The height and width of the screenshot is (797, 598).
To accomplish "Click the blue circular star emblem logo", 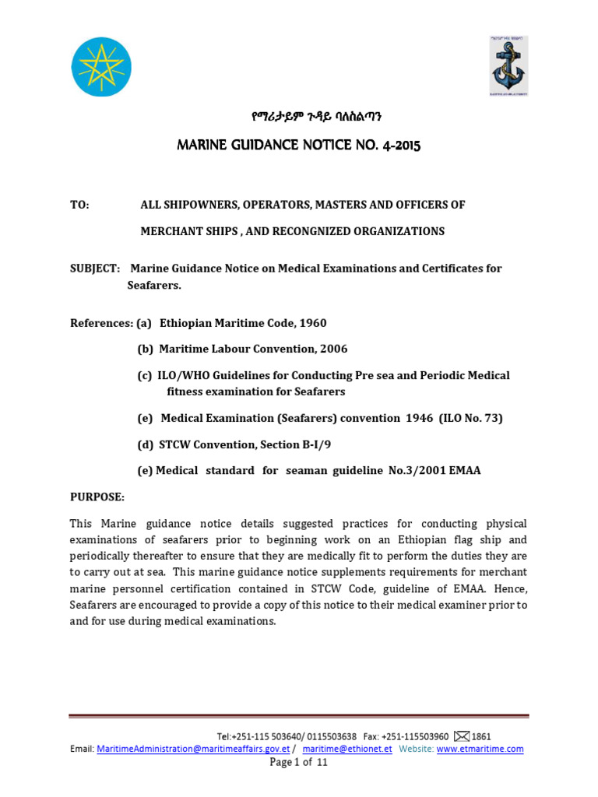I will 101,67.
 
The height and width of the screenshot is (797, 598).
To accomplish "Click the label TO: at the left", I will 80,205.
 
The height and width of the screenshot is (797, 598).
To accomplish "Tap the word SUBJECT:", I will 95,269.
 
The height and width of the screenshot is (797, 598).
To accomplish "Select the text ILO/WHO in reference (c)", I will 183,375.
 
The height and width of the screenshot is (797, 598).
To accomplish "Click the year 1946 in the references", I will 419,418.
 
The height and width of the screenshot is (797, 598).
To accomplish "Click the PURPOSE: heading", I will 97,497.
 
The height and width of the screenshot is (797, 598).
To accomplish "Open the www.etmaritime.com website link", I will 480,749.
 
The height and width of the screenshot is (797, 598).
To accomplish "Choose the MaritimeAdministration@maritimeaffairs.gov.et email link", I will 193,749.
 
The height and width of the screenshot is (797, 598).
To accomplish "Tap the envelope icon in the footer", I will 462,736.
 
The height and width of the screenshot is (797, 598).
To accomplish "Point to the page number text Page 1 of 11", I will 299,763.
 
